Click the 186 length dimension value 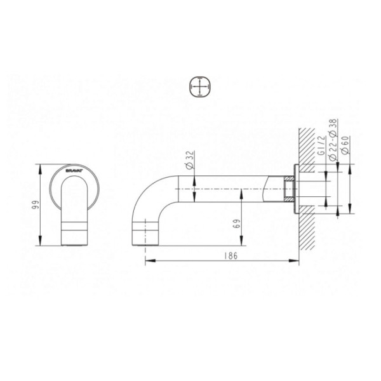[x=231, y=256]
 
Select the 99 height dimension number [x=36, y=205]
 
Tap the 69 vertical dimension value [x=236, y=224]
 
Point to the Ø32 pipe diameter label [x=190, y=159]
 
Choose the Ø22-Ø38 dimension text [x=333, y=140]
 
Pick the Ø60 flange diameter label [x=345, y=145]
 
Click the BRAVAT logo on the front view [x=74, y=171]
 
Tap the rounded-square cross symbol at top [x=199, y=87]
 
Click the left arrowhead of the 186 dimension [x=150, y=261]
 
